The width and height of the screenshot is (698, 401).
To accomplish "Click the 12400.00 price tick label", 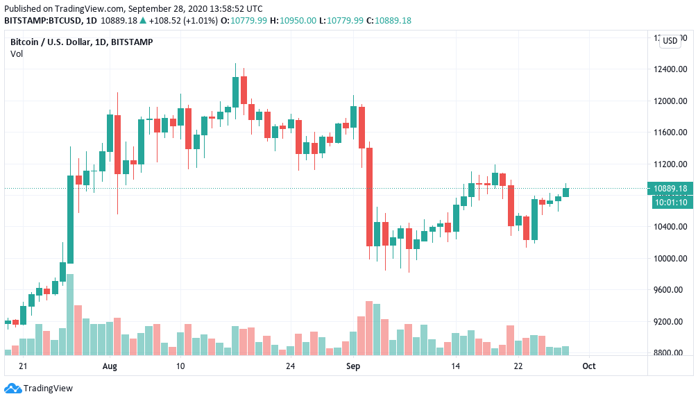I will coord(670,69).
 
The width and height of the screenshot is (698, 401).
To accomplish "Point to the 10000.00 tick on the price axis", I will coord(670,259).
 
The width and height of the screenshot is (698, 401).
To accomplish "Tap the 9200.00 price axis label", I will coord(670,322).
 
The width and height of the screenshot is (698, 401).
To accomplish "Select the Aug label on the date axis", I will coord(110,366).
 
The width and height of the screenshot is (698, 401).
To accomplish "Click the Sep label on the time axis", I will coord(353,366).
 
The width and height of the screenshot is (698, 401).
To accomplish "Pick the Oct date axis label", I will coord(588,366).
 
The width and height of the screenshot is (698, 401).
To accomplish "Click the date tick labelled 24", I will coord(290,366).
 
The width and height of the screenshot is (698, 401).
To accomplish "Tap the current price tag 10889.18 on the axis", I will coord(670,189).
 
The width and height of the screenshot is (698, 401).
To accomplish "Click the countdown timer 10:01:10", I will coord(670,202).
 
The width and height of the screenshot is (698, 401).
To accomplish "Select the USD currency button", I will coord(670,41).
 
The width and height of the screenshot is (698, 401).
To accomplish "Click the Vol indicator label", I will coord(17,53).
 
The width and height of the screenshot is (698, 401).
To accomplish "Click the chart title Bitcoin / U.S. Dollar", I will coord(53,42).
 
